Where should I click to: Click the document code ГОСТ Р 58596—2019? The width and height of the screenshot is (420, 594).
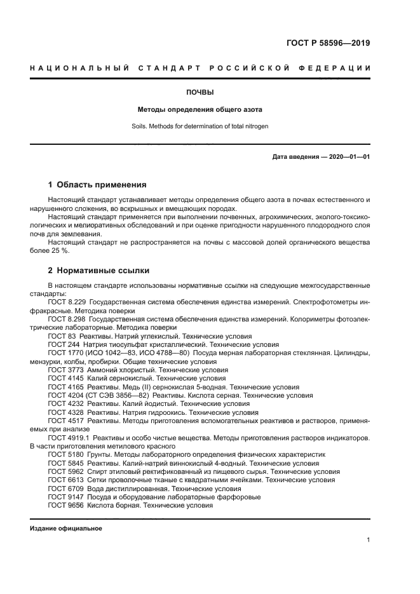[x=330, y=43]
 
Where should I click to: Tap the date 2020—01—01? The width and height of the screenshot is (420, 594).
[x=348, y=156]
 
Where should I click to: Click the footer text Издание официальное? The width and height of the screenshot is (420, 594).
[x=66, y=529]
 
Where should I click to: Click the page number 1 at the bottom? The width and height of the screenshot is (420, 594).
[x=369, y=540]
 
